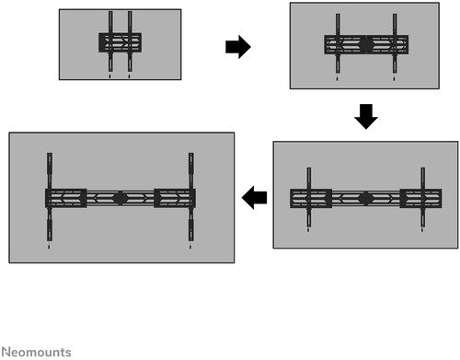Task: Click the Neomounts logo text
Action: point(37,352)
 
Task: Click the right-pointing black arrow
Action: point(238,47)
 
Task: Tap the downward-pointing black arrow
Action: point(366,117)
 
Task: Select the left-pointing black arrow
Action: point(254,198)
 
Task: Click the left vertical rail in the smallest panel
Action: point(110,41)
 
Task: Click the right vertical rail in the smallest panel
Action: point(130,41)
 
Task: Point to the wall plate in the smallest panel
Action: point(120,42)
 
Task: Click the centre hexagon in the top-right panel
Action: point(365,44)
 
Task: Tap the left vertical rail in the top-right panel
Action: point(338,43)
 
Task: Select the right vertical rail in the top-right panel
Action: point(395,43)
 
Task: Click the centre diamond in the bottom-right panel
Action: point(365,199)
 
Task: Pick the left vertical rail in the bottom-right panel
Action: point(309,197)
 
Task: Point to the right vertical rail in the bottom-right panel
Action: point(423,197)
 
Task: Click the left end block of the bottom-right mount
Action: point(311,199)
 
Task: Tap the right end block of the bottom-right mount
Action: point(420,199)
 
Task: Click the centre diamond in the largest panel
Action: point(121,198)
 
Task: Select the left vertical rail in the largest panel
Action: point(50,197)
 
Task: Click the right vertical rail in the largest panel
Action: point(191,197)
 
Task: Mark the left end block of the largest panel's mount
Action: point(66,198)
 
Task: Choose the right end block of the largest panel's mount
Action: point(175,198)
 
